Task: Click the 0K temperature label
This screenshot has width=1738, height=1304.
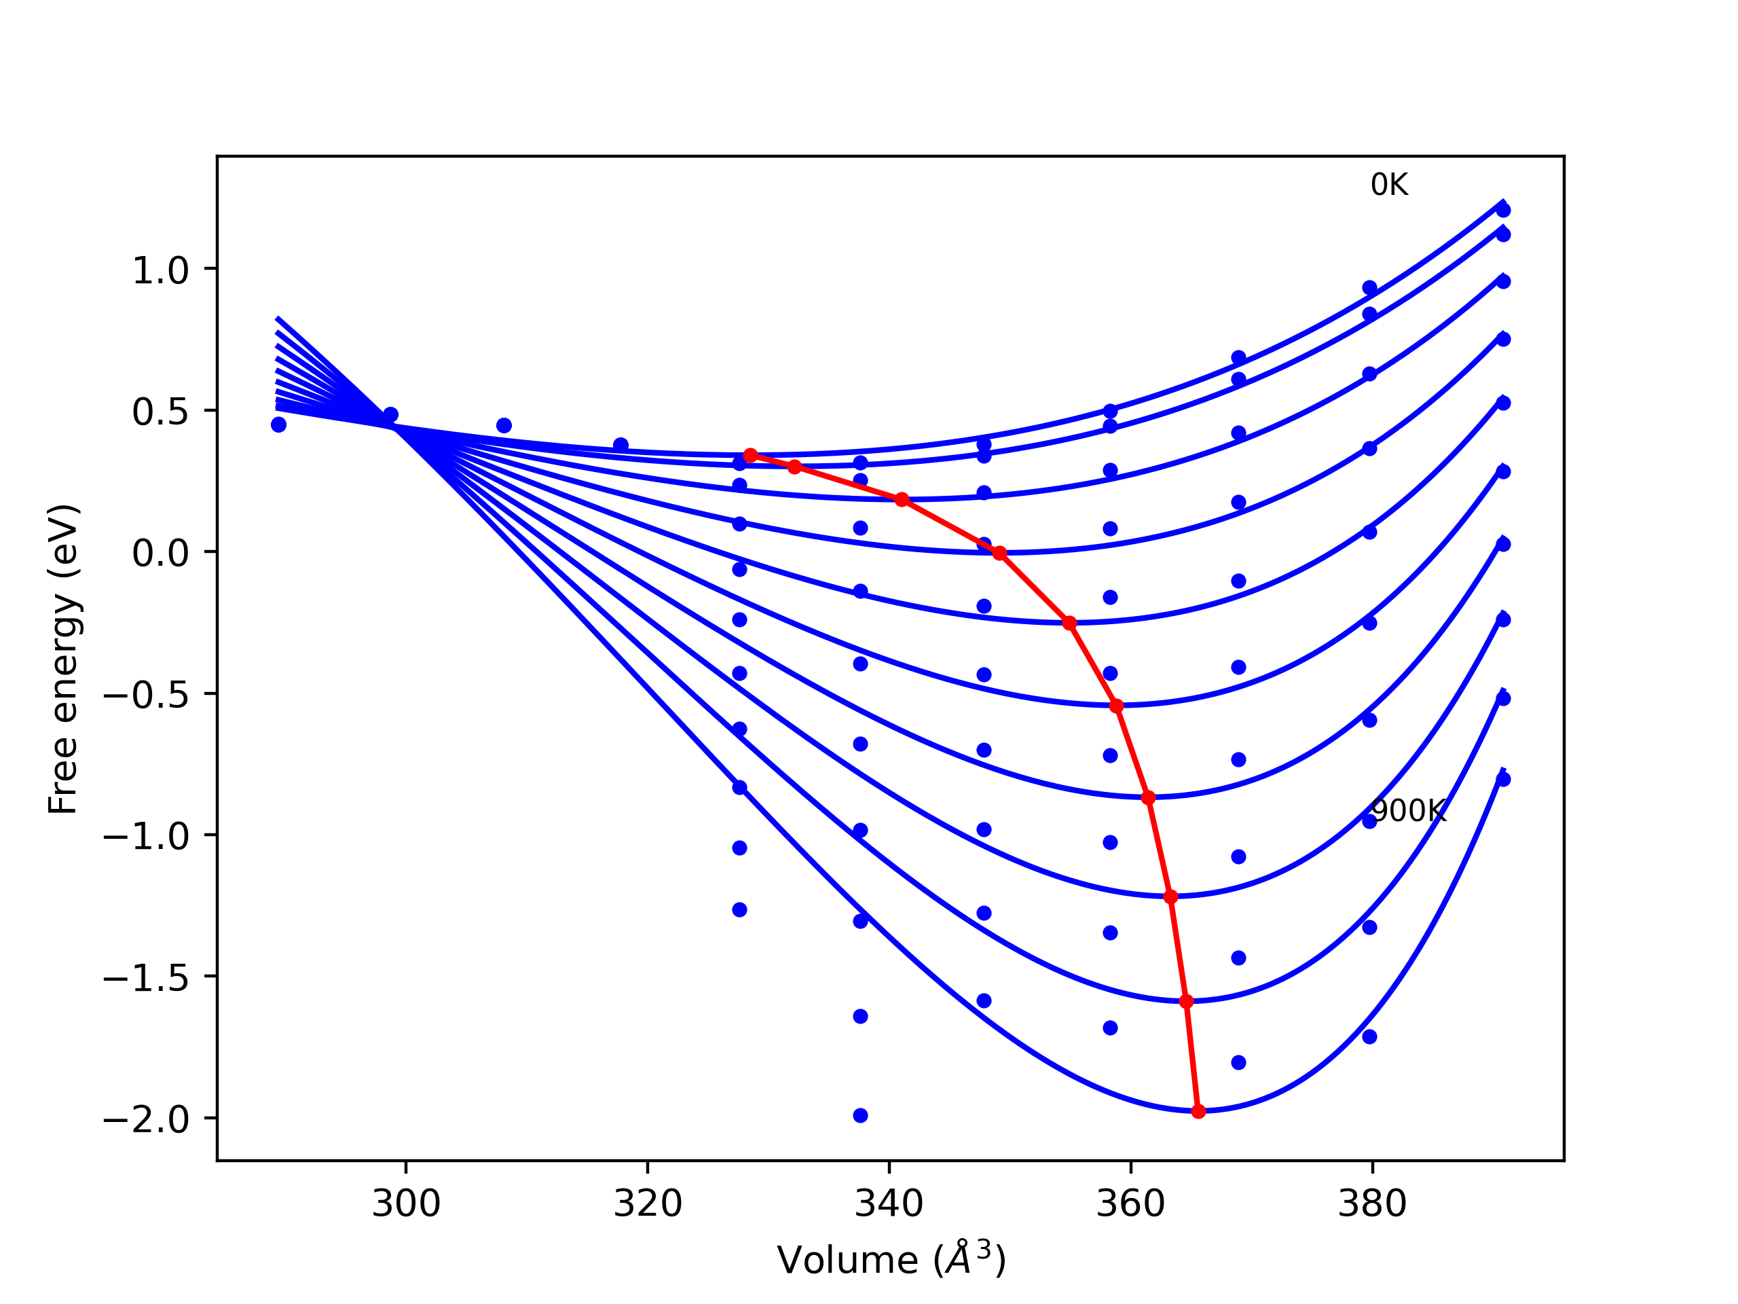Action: click(1388, 185)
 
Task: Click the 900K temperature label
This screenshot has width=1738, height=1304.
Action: click(1407, 811)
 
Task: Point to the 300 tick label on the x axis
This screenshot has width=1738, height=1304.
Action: click(405, 1204)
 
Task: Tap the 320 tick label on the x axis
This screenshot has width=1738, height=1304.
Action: click(648, 1204)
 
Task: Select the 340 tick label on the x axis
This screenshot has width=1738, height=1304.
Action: click(889, 1204)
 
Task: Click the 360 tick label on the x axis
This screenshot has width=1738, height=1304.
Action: click(1130, 1204)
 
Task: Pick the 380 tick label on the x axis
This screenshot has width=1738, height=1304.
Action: click(1372, 1204)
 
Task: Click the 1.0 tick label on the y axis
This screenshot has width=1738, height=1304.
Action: click(160, 271)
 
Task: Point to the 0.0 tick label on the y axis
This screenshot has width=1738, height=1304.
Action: click(160, 554)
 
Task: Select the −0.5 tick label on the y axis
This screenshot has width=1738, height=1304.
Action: click(146, 695)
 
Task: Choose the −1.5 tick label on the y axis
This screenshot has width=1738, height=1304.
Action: click(146, 979)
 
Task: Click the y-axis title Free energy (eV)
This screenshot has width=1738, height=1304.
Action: click(63, 659)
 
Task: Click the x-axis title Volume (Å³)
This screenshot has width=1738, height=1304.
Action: click(891, 1261)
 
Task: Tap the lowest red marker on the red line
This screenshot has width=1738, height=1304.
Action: click(1198, 1111)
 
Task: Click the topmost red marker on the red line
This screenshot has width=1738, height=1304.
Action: click(750, 456)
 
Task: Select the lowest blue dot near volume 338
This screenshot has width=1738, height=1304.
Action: click(860, 1115)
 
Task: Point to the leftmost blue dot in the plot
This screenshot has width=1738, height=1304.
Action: click(278, 424)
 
